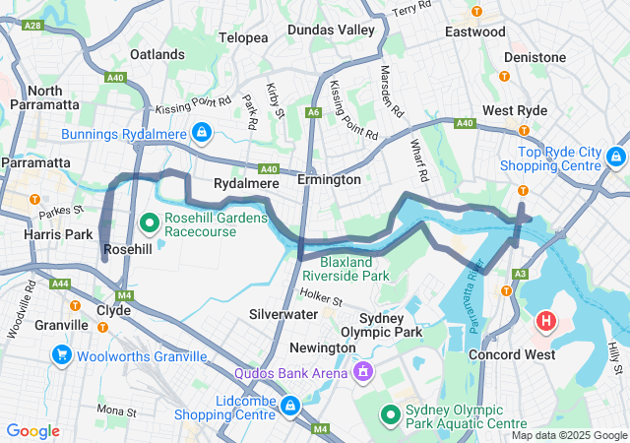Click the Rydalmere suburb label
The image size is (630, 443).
click(x=242, y=184)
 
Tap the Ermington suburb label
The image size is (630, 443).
click(x=331, y=180)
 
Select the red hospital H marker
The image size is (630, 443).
click(x=545, y=321)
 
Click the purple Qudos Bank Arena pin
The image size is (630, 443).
click(x=362, y=372)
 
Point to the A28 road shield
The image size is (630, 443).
click(x=32, y=25)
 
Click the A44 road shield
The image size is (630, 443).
click(x=60, y=284)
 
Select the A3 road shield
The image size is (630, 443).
click(x=521, y=274)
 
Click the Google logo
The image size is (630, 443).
click(x=33, y=431)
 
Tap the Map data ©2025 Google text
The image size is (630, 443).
click(x=568, y=435)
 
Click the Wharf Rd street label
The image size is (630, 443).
click(x=418, y=160)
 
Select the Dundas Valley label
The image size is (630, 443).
click(x=331, y=30)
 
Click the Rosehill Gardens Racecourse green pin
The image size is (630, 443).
click(x=150, y=223)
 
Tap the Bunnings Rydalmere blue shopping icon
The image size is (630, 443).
click(x=201, y=132)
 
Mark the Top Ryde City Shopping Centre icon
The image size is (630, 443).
click(x=615, y=157)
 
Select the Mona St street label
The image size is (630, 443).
click(x=116, y=409)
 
